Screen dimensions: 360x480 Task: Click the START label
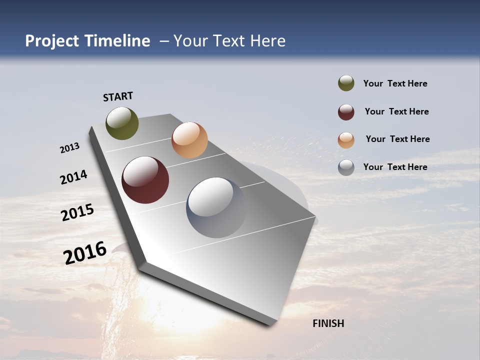click(x=118, y=96)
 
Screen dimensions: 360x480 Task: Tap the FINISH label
click(x=328, y=323)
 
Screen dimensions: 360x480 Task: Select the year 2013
click(x=69, y=148)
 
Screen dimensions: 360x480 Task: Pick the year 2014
click(x=73, y=177)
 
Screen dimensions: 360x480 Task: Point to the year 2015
click(x=77, y=212)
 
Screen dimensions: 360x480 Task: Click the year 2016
click(x=85, y=253)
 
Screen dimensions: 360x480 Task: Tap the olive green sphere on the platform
click(x=122, y=123)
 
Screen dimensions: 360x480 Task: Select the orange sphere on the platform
click(x=189, y=140)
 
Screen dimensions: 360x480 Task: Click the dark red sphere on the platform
click(x=145, y=180)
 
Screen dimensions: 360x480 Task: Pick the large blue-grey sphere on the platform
click(x=216, y=207)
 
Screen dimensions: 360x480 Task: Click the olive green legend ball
click(x=346, y=83)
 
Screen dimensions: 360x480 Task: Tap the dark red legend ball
click(x=346, y=112)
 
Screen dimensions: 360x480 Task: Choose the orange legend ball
click(x=346, y=140)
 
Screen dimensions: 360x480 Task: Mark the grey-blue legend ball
click(x=346, y=167)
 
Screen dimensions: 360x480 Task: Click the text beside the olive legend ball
click(x=395, y=83)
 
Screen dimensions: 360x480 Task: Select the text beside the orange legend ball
click(x=397, y=139)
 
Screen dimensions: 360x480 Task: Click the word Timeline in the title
click(x=117, y=41)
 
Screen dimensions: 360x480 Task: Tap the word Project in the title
click(x=52, y=41)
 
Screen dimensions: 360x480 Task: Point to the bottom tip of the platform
click(x=272, y=324)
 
